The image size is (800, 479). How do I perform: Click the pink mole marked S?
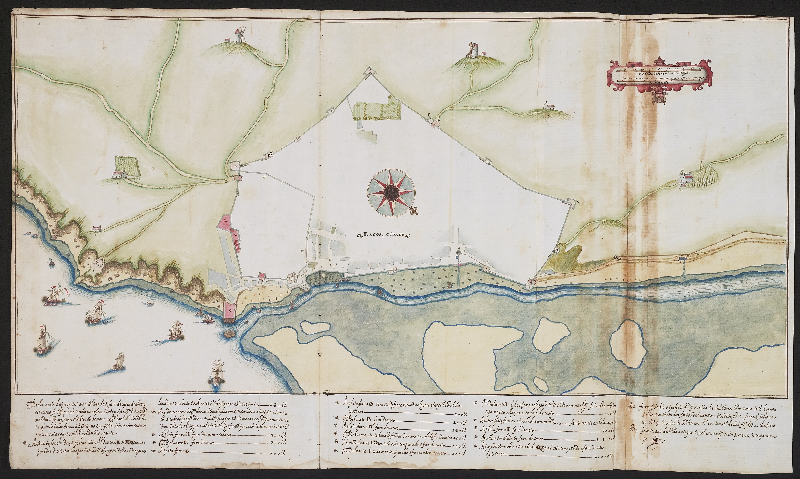point(230,311)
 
